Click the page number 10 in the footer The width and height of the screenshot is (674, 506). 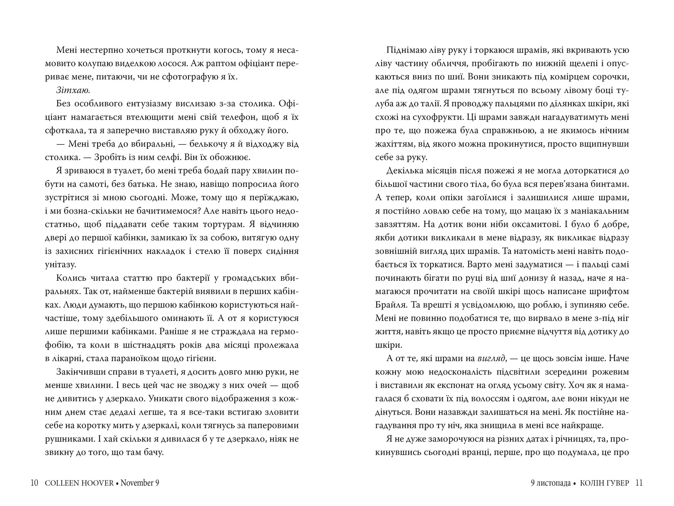coord(34,483)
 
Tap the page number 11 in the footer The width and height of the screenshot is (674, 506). coord(639,483)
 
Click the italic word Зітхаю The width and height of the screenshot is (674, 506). coord(73,90)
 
